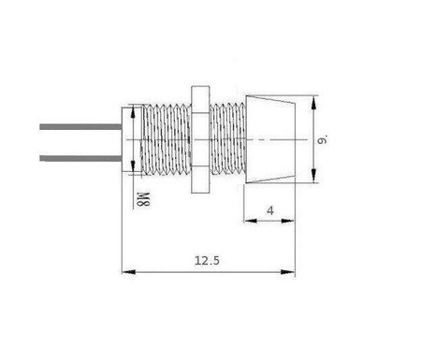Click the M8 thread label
[x=143, y=198]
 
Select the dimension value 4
[x=269, y=210]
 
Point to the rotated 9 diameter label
[x=322, y=140]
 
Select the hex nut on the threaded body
[x=197, y=140]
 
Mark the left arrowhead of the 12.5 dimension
[x=128, y=272]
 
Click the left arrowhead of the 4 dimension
[x=249, y=222]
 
